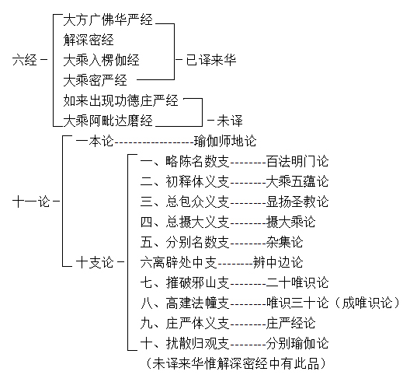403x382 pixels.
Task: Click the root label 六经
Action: point(25,60)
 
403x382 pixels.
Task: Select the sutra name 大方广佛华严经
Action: point(108,20)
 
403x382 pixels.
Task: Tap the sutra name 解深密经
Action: point(89,40)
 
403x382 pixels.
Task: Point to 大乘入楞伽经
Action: point(101,60)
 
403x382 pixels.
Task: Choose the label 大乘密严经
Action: point(95,80)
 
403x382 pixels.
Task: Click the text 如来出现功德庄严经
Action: point(120,100)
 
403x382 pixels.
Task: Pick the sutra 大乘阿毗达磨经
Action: point(108,121)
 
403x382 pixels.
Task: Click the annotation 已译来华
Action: point(211,60)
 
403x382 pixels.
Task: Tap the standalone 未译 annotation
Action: point(230,121)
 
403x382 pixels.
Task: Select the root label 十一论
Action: point(31,202)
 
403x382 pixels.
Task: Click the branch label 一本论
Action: point(95,141)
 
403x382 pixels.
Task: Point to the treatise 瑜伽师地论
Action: point(225,141)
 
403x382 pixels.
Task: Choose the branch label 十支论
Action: point(95,262)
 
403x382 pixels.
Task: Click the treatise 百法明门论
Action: point(297,161)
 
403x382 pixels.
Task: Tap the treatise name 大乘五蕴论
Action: point(297,181)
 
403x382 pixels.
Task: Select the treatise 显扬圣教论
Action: point(297,202)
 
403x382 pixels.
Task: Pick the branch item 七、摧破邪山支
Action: point(185,282)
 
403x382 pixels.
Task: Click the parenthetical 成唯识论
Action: point(367,303)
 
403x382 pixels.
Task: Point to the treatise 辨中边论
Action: point(278,262)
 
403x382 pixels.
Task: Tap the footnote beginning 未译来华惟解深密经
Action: point(235,363)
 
